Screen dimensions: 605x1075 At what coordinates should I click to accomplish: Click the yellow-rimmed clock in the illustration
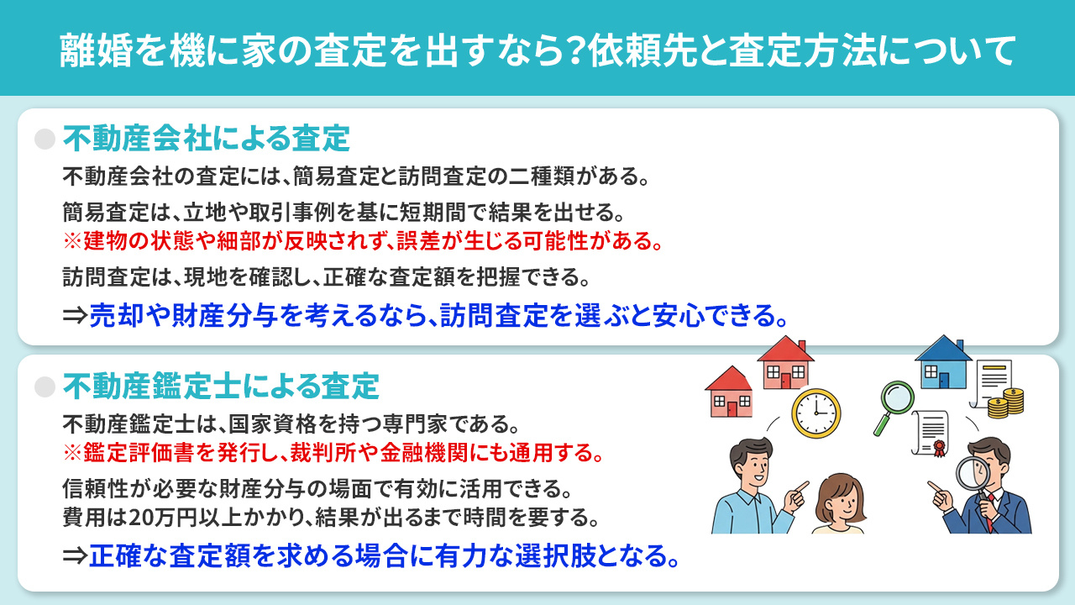pos(815,413)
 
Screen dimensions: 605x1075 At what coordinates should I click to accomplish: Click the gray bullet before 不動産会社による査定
pos(44,138)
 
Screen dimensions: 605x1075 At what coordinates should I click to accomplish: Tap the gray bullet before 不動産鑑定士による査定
pos(44,387)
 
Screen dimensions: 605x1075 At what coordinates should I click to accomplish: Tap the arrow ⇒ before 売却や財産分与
pos(75,316)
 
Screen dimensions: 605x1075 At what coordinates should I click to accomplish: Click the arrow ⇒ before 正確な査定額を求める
pos(75,555)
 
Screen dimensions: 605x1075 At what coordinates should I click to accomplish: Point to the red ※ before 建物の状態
pos(71,242)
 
